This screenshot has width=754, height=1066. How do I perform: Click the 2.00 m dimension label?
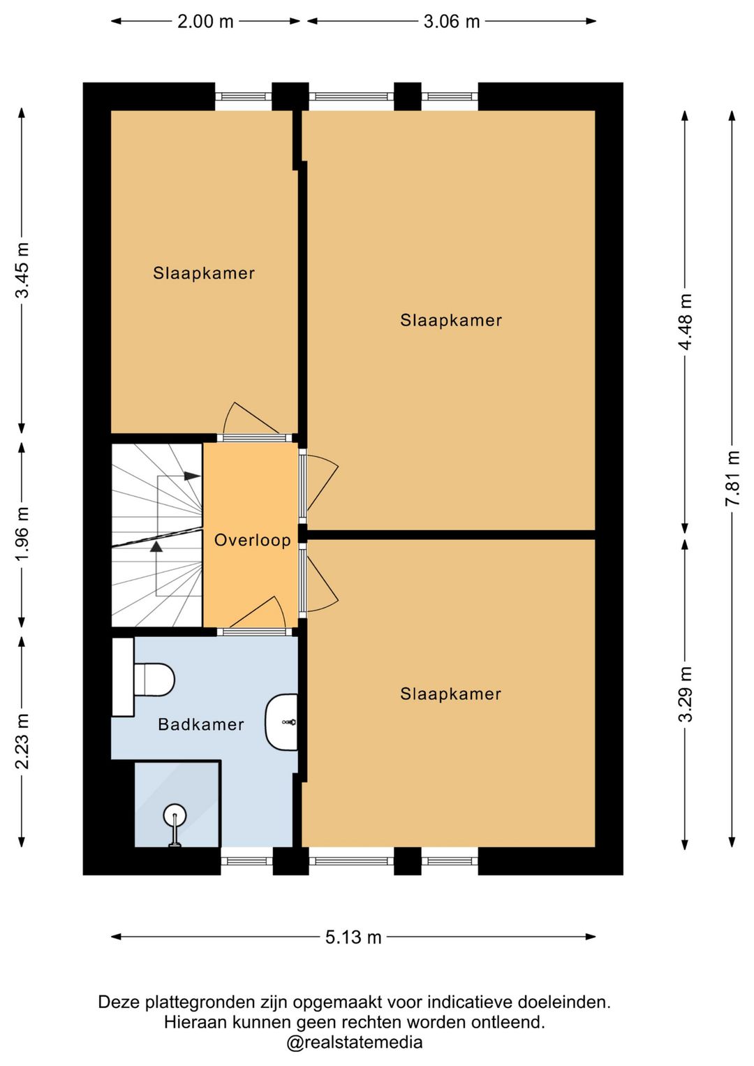point(205,22)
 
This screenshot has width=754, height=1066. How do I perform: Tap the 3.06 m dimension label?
point(452,22)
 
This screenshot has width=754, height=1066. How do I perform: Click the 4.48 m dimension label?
point(685,321)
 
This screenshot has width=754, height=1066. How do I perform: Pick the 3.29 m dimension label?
point(685,694)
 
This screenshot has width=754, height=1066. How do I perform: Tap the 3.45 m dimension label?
point(22,270)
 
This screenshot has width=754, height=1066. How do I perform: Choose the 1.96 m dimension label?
point(22,534)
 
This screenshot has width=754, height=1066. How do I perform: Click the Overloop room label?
point(252,540)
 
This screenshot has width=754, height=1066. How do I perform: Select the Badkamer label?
point(201,724)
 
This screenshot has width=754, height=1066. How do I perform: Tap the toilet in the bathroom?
point(153,680)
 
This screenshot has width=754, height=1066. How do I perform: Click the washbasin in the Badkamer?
point(281,722)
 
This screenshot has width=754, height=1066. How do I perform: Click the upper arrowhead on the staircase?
point(192,476)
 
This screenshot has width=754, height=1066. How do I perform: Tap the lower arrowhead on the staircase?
point(156,547)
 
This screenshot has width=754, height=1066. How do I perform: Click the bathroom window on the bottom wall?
point(247,861)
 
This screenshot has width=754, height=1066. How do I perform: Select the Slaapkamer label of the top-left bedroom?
point(204,273)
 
